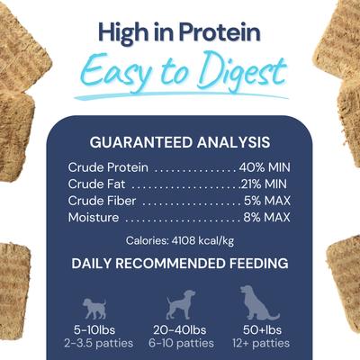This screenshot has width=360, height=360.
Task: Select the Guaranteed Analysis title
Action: pyautogui.click(x=180, y=141)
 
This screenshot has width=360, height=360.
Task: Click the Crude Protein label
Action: pyautogui.click(x=109, y=167)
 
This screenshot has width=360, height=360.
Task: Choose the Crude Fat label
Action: pyautogui.click(x=96, y=184)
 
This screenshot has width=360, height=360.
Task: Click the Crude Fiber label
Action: pyautogui.click(x=102, y=201)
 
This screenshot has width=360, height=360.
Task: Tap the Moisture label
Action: pyautogui.click(x=94, y=218)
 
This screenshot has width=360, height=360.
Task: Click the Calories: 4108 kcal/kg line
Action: pyautogui.click(x=180, y=240)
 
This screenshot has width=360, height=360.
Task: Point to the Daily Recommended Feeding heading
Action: pyautogui.click(x=180, y=265)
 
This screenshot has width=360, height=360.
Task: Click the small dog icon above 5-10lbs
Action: pyautogui.click(x=94, y=307)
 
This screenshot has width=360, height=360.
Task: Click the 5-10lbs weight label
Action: pyautogui.click(x=94, y=329)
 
